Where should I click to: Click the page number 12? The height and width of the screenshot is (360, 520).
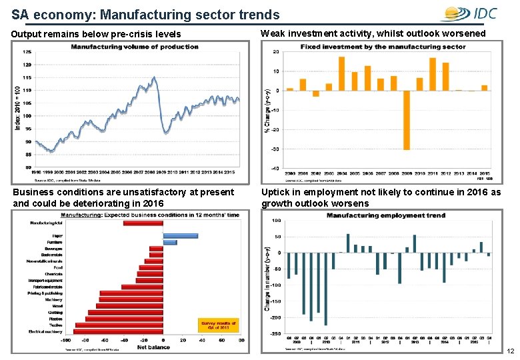tap(511, 351)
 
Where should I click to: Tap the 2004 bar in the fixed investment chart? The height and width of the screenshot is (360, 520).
tap(341, 73)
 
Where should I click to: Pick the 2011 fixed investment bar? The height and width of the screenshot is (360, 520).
tap(433, 74)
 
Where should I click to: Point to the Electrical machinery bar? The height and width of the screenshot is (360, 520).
tap(118, 331)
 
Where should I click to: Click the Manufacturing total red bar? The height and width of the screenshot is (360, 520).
tap(143, 223)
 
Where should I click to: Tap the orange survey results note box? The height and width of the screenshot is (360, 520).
tap(219, 325)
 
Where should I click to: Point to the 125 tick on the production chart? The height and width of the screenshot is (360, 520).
tap(27, 52)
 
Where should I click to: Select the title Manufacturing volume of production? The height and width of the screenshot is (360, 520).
tap(135, 47)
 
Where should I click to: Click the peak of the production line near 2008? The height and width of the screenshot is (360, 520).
tap(155, 77)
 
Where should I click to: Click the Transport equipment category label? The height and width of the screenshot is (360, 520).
tap(45, 280)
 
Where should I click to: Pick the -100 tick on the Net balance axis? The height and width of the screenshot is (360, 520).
tap(66, 340)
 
